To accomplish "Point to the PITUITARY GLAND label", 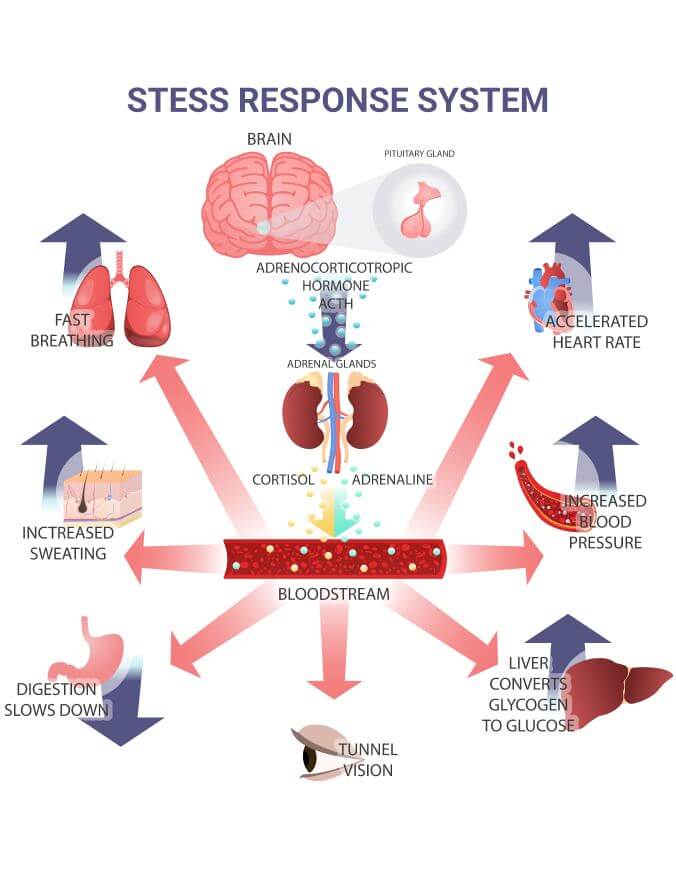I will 419,154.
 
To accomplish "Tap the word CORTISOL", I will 283,480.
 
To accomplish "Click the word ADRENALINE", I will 392,480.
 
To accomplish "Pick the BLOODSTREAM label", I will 333,594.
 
